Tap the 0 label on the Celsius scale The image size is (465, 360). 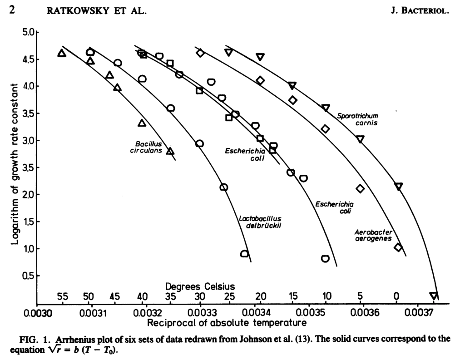[396, 296]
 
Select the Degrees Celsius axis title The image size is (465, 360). [200, 286]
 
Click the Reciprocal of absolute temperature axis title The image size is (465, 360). [224, 323]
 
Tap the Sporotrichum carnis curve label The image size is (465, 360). [357, 119]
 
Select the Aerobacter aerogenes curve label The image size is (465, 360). [373, 235]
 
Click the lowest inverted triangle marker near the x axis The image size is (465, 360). [434, 296]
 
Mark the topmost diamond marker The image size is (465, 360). [200, 53]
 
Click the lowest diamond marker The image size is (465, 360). [398, 247]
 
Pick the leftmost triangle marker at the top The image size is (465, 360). [62, 53]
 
